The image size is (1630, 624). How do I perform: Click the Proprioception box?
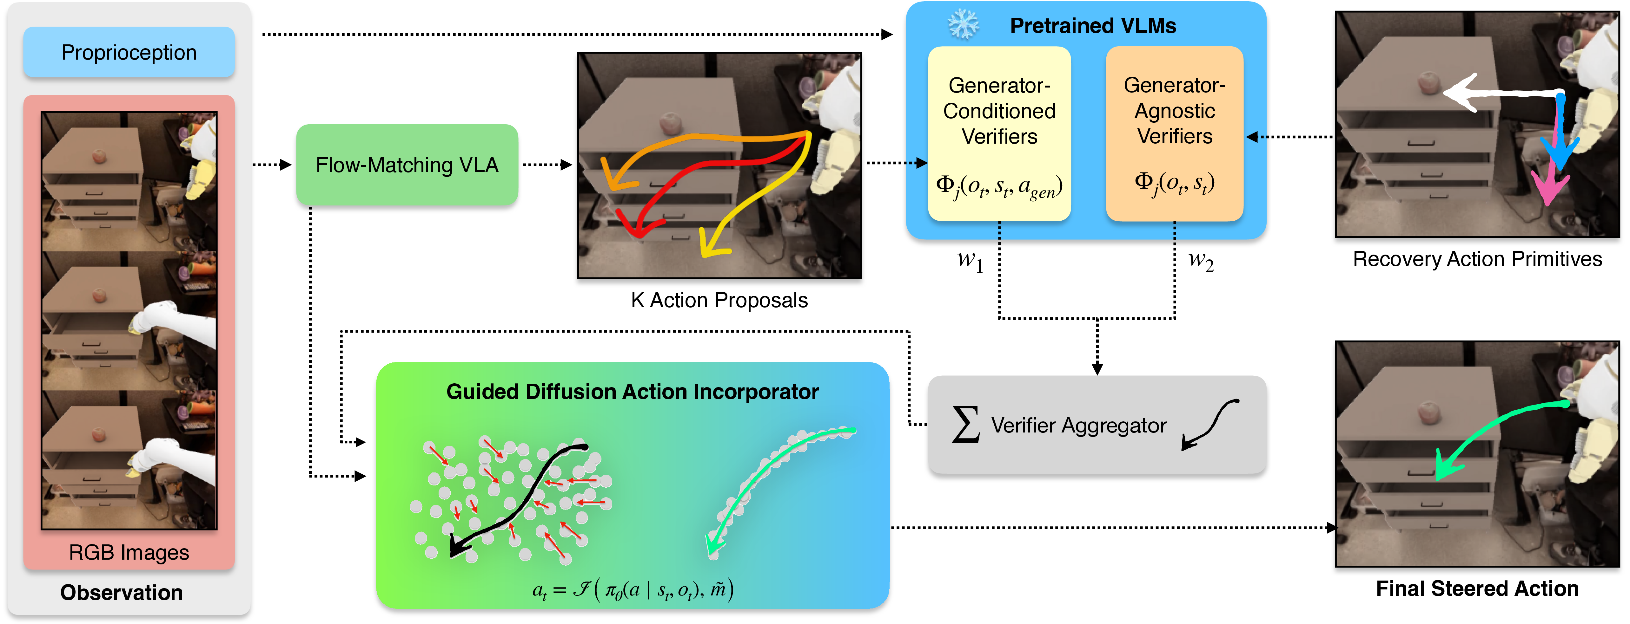coord(129,52)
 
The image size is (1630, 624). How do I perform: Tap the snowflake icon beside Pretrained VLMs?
coord(963,25)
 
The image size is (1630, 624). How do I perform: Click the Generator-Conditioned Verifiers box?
coord(999,134)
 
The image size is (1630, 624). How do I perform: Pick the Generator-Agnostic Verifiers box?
coord(1174,134)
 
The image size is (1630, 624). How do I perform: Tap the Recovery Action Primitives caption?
coord(1477,259)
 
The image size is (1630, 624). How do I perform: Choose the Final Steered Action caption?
coord(1477,588)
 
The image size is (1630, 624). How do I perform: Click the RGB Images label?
coord(129,553)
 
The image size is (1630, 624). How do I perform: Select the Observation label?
coord(122,592)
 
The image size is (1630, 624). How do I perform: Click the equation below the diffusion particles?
coord(633,590)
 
